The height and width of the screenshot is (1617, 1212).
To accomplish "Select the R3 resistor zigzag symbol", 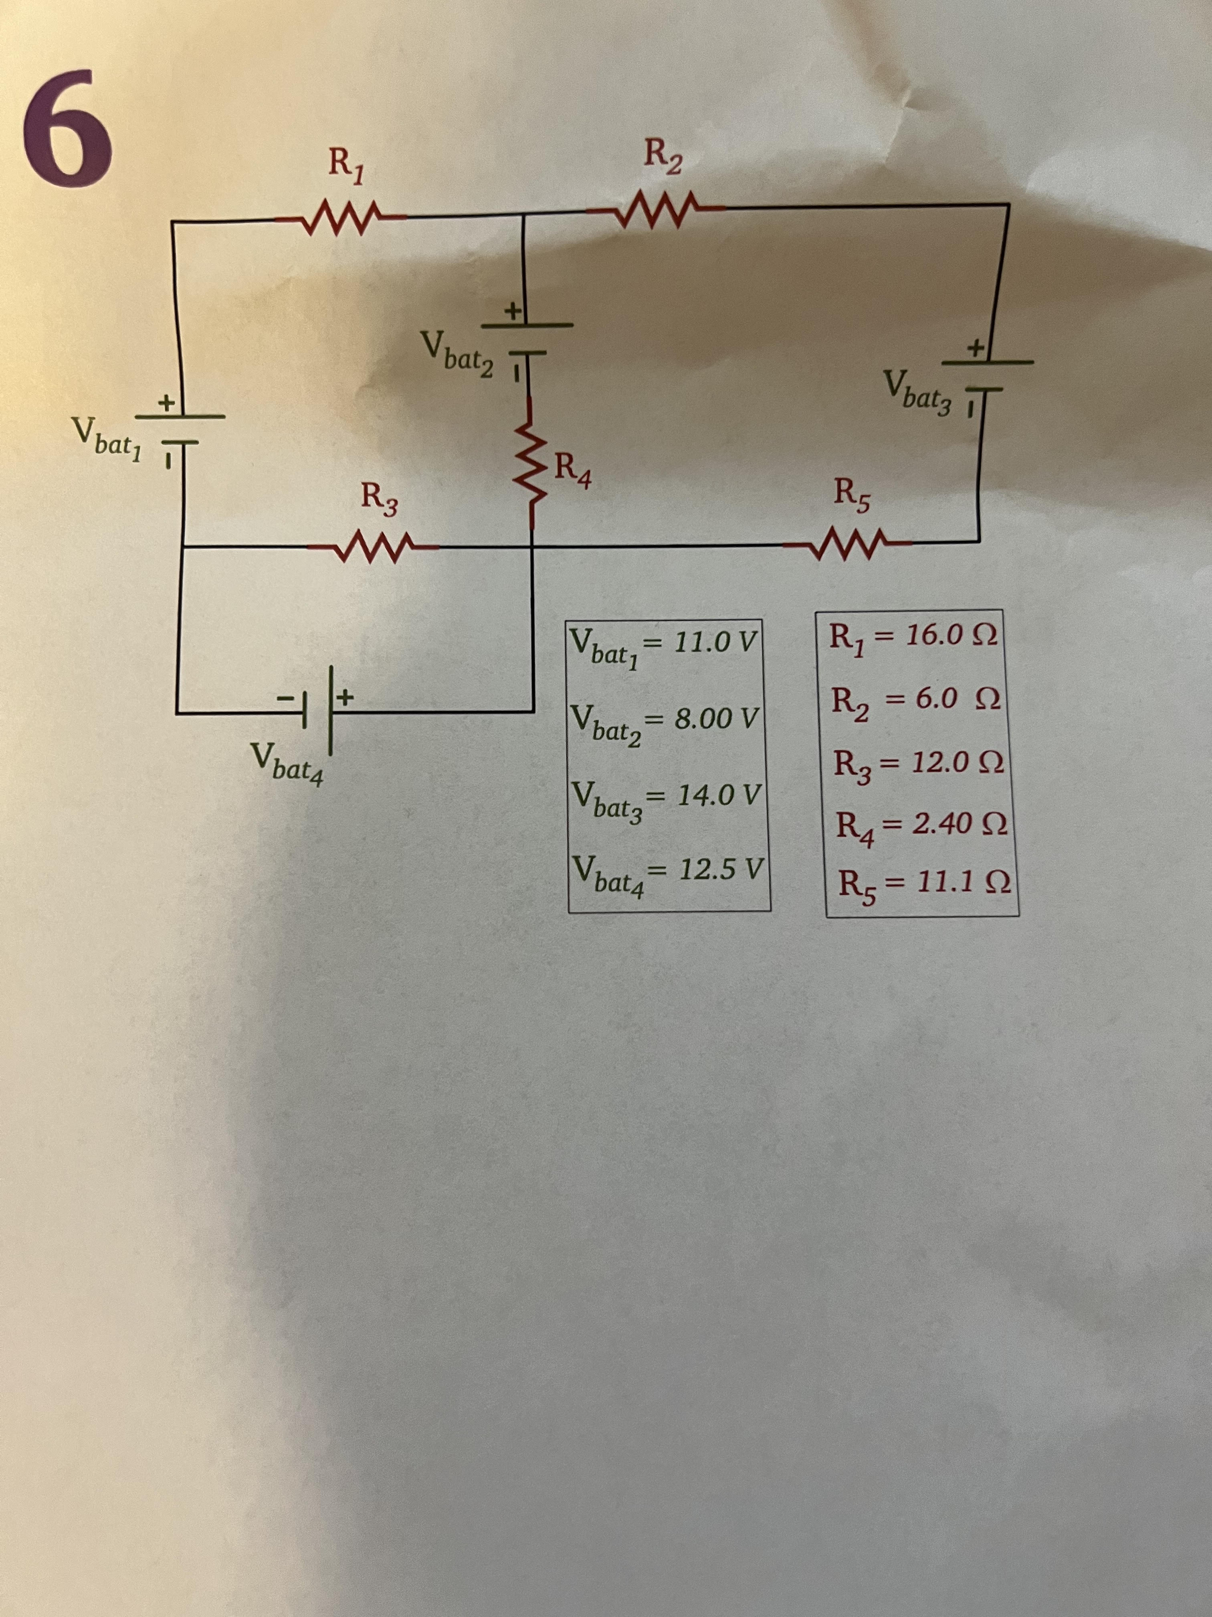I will pos(373,547).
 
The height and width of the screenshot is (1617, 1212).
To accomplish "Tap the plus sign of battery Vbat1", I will pos(167,402).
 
